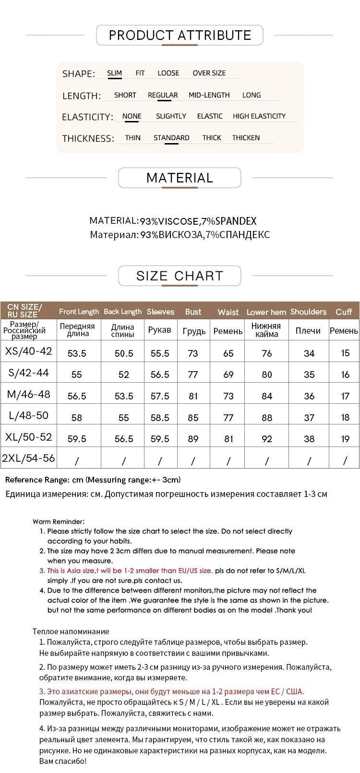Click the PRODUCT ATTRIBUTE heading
(180, 35)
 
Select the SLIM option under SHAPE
(114, 73)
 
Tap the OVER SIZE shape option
(209, 73)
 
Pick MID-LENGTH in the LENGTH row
(209, 95)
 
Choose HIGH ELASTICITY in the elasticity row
(259, 116)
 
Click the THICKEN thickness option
(246, 138)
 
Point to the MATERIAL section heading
(180, 178)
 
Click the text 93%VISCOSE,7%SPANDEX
(198, 221)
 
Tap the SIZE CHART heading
(180, 276)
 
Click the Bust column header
(193, 312)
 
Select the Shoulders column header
(308, 312)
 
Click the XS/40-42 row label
(28, 351)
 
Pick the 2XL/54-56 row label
(28, 458)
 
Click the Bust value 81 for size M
(193, 396)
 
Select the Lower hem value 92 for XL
(267, 439)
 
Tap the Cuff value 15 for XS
(345, 353)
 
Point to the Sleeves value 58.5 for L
(160, 418)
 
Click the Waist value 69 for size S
(228, 374)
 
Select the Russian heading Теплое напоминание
(71, 631)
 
